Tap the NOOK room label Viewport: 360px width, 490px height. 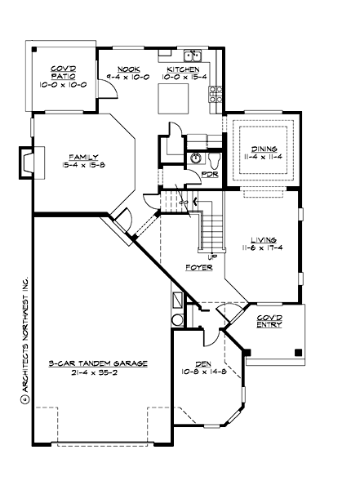click(x=130, y=70)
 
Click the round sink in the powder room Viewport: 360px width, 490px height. click(x=194, y=158)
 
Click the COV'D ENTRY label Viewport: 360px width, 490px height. click(x=270, y=321)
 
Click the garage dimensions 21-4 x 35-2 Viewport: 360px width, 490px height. click(x=97, y=372)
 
